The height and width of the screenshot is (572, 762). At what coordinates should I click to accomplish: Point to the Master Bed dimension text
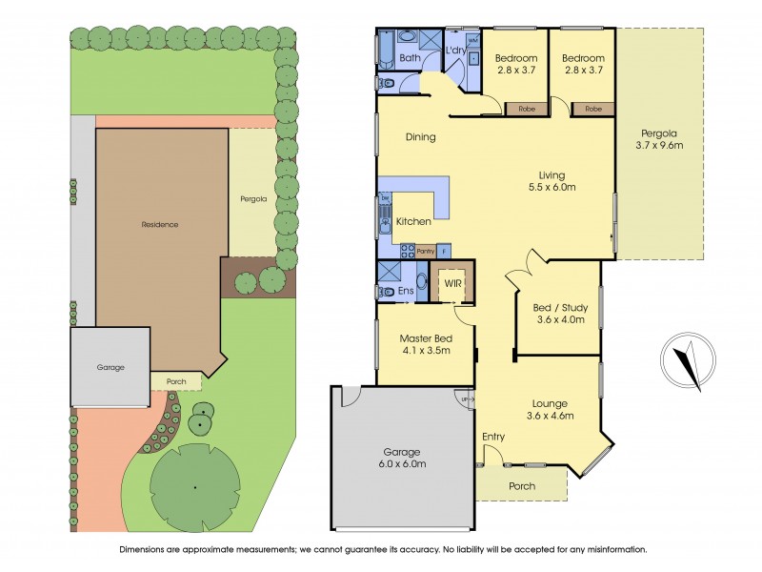tap(425, 351)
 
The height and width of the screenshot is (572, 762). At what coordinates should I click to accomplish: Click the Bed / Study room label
tap(557, 313)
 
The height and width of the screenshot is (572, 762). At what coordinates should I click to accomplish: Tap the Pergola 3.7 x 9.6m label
tap(659, 139)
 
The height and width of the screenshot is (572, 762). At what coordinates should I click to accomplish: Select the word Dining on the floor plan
tap(420, 137)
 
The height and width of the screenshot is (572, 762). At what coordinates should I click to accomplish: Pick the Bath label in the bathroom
tap(410, 59)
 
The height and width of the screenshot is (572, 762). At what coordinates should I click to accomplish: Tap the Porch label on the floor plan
tap(521, 486)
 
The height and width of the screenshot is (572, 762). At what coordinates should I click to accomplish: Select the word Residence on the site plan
tap(160, 225)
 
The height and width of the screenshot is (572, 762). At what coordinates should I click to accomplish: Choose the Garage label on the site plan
tap(110, 367)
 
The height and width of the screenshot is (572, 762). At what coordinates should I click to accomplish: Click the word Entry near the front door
tap(493, 437)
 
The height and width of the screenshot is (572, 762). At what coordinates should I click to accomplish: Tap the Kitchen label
tap(414, 221)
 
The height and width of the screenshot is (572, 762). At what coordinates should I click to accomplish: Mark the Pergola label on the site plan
tap(252, 199)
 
